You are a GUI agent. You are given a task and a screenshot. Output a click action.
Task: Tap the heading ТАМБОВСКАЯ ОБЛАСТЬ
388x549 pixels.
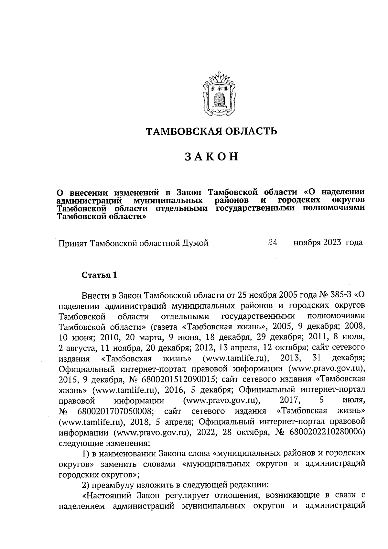(212, 131)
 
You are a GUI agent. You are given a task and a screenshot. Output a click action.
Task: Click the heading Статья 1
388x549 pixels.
(99, 275)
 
